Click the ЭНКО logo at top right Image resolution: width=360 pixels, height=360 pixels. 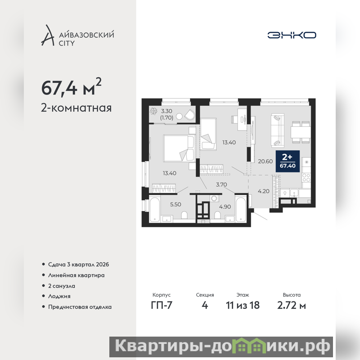click(x=292, y=35)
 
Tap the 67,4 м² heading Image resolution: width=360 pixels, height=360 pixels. click(x=71, y=87)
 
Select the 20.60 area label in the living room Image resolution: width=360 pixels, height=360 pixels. click(x=265, y=162)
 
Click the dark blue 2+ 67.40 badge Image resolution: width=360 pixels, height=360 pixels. click(x=288, y=161)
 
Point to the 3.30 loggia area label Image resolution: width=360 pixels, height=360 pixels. click(x=166, y=111)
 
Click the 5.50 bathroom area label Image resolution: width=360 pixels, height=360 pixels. click(x=175, y=204)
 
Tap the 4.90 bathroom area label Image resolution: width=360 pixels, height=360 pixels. click(x=225, y=207)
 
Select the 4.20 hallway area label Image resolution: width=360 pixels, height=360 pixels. click(x=264, y=191)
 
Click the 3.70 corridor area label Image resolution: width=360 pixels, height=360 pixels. click(x=221, y=184)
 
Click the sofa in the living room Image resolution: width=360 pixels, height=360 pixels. click(x=278, y=130)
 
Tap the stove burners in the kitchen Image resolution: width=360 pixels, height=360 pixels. click(x=306, y=177)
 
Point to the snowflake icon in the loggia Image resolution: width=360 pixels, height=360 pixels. click(x=153, y=111)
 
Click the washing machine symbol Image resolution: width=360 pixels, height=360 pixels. click(x=215, y=198)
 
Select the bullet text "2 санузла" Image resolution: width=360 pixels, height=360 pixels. click(x=62, y=286)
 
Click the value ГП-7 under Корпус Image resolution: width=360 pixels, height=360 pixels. click(x=162, y=305)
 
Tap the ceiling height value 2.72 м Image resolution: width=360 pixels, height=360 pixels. click(x=292, y=306)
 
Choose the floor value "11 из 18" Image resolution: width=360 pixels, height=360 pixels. click(x=243, y=306)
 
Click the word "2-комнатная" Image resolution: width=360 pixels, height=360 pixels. click(x=76, y=108)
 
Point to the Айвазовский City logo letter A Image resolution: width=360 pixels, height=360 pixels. click(x=48, y=35)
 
